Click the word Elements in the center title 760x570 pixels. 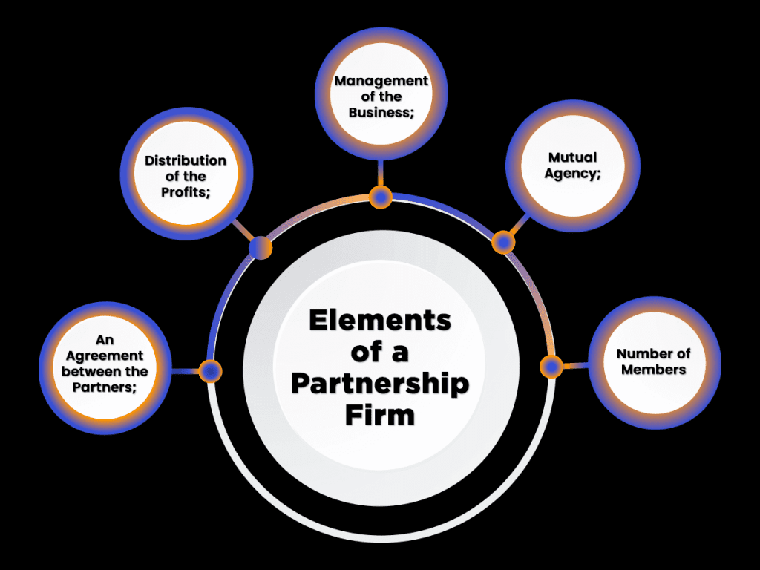click(379, 321)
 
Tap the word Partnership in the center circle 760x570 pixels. click(379, 384)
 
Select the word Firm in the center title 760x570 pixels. click(379, 415)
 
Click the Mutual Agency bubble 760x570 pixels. click(572, 166)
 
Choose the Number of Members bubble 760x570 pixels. click(654, 362)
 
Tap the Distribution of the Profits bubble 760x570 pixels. click(186, 176)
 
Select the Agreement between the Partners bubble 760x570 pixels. click(105, 364)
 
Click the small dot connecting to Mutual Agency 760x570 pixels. click(503, 242)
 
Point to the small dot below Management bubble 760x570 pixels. click(381, 197)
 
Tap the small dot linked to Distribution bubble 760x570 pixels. click(261, 248)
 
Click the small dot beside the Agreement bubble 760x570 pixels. click(211, 370)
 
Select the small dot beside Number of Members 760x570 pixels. click(551, 366)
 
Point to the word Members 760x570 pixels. click(654, 370)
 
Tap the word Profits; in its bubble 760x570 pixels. click(186, 192)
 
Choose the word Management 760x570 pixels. click(381, 81)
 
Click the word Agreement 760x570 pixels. click(105, 356)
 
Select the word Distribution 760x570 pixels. click(186, 160)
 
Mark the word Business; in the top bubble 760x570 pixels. click(381, 112)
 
